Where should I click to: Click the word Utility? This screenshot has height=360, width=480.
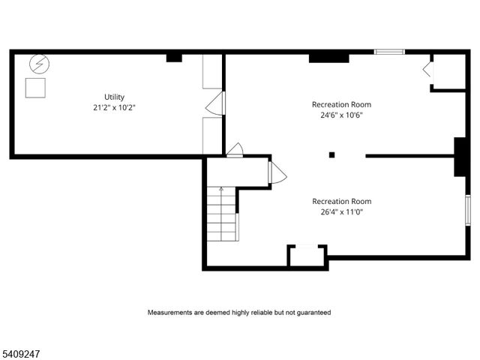[115, 97]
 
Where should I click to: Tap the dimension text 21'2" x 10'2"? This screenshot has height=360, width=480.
[115, 107]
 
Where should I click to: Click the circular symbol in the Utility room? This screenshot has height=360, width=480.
[36, 65]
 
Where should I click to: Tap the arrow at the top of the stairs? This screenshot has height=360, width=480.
[221, 190]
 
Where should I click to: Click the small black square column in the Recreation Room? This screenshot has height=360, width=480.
[331, 155]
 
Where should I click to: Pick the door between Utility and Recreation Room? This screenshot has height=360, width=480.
[215, 104]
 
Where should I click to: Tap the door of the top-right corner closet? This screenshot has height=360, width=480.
[427, 70]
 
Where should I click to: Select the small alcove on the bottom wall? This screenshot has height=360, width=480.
[307, 255]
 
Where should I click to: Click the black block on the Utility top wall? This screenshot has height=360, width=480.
[174, 56]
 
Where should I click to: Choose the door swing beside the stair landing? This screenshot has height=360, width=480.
[277, 173]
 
